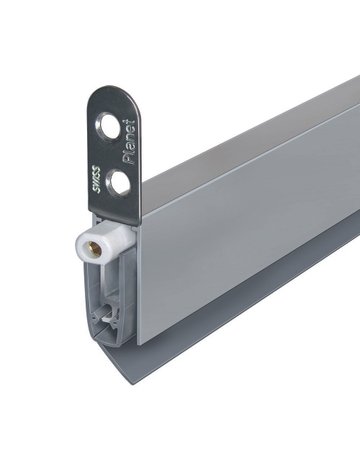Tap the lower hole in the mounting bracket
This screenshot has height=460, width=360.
[118, 182]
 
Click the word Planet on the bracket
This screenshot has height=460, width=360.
[130, 142]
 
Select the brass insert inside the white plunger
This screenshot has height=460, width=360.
[95, 249]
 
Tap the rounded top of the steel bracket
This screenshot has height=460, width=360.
[112, 95]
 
